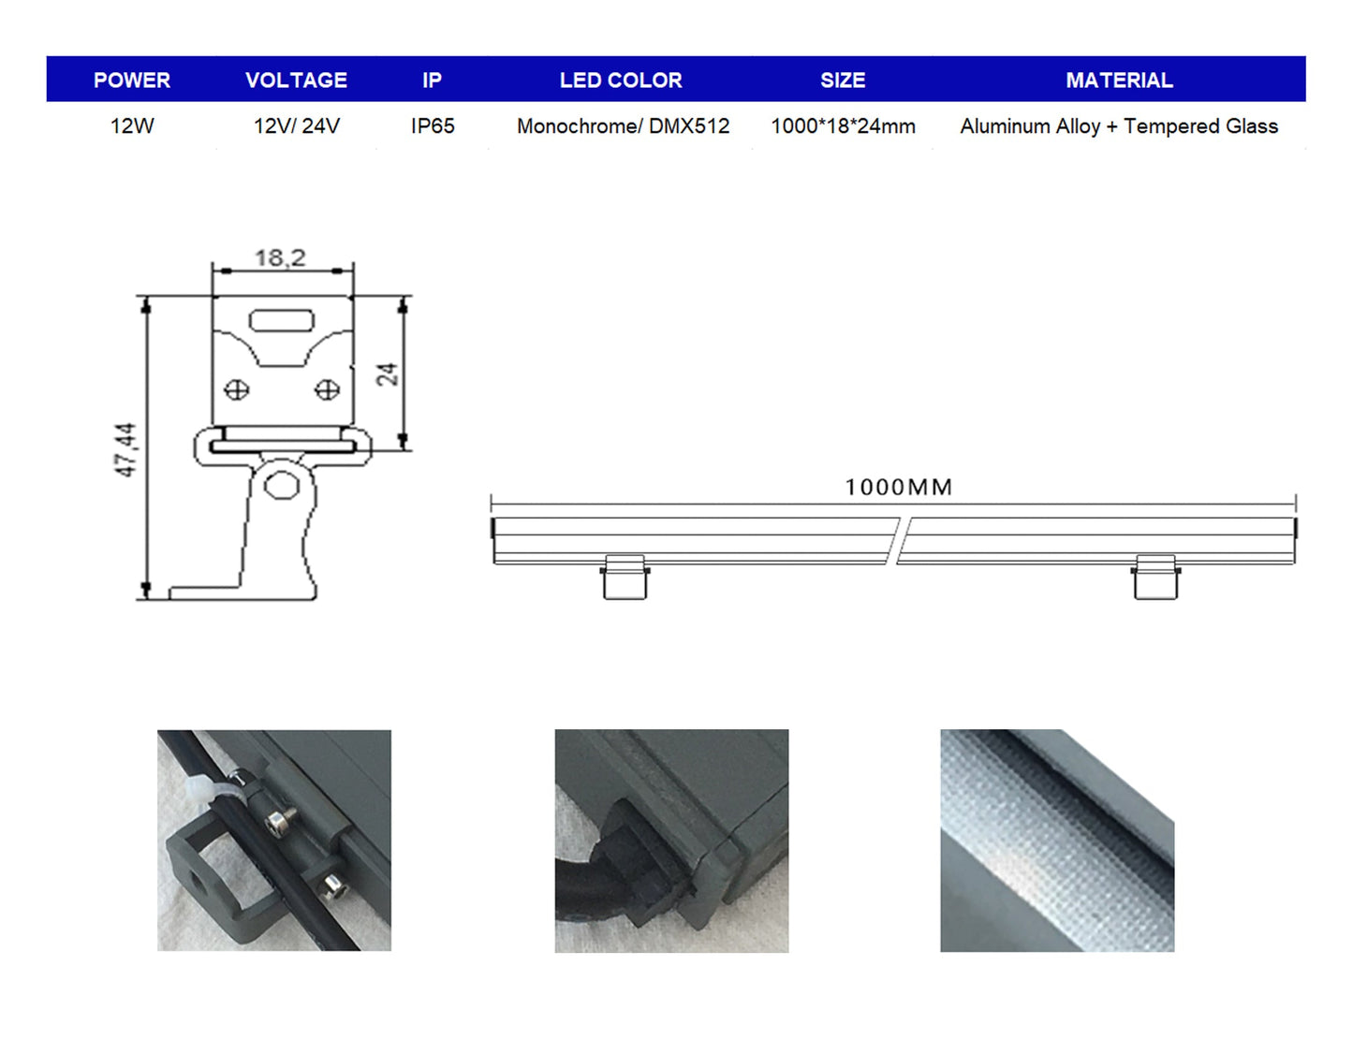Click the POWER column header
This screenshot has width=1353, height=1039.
pyautogui.click(x=132, y=80)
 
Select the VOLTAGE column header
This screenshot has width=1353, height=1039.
pyautogui.click(x=296, y=80)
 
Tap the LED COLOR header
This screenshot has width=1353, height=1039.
pyautogui.click(x=621, y=80)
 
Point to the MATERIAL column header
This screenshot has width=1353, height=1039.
pyautogui.click(x=1119, y=80)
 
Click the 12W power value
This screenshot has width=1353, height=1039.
pyautogui.click(x=132, y=126)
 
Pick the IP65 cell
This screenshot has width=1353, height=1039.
pyautogui.click(x=433, y=126)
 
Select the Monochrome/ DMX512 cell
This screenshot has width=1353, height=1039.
pyautogui.click(x=623, y=126)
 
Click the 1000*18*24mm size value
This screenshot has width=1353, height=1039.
pyautogui.click(x=843, y=126)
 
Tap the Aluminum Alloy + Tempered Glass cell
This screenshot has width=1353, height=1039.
pyautogui.click(x=1119, y=126)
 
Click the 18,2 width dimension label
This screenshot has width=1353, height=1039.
pyautogui.click(x=280, y=257)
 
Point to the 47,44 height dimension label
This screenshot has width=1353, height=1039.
pyautogui.click(x=125, y=449)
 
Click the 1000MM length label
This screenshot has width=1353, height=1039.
pyautogui.click(x=898, y=488)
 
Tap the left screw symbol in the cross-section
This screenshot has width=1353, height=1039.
pyautogui.click(x=237, y=389)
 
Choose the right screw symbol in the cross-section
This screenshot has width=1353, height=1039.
pyautogui.click(x=327, y=389)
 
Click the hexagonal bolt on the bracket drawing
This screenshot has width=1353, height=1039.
pyautogui.click(x=280, y=486)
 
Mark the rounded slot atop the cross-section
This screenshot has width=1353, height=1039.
pyautogui.click(x=281, y=321)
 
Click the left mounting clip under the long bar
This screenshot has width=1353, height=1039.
pyautogui.click(x=625, y=577)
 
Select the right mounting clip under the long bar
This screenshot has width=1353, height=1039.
pyautogui.click(x=1155, y=577)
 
